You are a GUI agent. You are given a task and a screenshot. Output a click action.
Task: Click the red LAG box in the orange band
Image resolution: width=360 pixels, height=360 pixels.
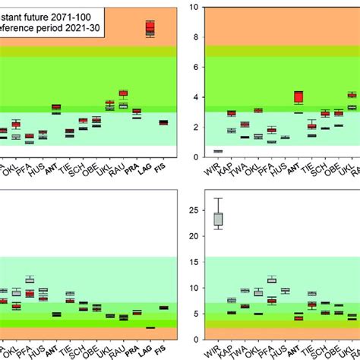click(x=150, y=28)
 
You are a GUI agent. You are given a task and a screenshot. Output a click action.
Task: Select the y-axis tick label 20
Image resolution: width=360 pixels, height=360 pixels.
click(x=194, y=235)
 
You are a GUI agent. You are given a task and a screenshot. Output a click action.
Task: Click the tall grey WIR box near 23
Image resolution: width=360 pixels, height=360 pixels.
click(x=218, y=219)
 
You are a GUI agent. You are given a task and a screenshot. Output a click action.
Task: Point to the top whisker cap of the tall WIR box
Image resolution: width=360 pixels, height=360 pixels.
click(x=218, y=198)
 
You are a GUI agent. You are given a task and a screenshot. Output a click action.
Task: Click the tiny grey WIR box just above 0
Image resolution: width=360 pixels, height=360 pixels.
click(x=218, y=151)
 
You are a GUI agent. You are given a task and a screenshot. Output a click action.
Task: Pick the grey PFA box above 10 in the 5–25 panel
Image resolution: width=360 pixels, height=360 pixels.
click(x=271, y=279)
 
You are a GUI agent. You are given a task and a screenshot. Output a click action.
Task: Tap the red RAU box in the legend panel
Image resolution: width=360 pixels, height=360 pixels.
click(x=123, y=93)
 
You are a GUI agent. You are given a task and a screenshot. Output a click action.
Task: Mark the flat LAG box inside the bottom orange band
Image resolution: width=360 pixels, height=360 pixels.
click(x=150, y=327)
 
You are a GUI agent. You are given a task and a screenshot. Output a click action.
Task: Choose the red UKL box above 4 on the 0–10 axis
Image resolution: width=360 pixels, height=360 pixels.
click(x=352, y=95)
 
